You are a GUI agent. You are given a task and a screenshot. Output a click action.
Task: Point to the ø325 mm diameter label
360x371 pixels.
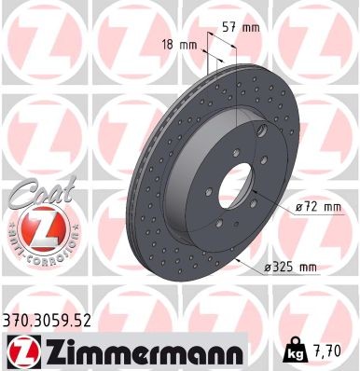(291, 268)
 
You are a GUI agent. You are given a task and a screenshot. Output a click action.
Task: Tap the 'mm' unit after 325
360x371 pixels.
(307, 268)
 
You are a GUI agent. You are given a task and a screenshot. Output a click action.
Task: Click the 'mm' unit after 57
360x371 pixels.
(250, 27)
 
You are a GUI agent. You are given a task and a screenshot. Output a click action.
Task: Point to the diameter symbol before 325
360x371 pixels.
(266, 268)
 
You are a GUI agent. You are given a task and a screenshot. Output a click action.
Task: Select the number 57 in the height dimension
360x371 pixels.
(230, 27)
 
